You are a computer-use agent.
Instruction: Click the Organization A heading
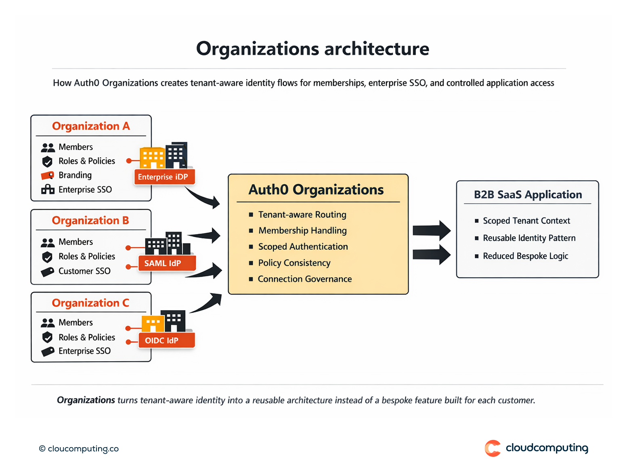tap(91, 126)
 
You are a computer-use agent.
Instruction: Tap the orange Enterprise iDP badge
tap(163, 177)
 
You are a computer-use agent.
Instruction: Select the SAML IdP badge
tap(163, 263)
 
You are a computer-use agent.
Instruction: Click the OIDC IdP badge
tap(162, 341)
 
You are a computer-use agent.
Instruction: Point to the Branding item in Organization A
tap(75, 175)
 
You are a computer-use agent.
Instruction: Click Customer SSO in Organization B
tap(84, 271)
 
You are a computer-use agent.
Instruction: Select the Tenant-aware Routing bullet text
tap(302, 215)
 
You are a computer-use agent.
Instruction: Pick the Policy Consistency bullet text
tap(294, 263)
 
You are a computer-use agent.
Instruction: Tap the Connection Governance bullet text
tap(305, 279)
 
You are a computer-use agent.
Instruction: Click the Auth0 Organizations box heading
tap(316, 190)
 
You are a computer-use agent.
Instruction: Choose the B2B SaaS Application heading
tap(528, 195)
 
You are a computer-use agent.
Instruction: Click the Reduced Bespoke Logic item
tap(525, 256)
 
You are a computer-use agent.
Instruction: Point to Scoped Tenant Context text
tap(526, 221)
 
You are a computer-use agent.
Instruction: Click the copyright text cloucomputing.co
tap(79, 449)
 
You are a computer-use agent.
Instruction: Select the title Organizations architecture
tap(312, 49)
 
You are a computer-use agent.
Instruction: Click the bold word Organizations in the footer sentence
tap(86, 400)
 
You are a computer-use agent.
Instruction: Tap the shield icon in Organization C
tap(47, 337)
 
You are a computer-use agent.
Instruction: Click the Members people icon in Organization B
tap(48, 242)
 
